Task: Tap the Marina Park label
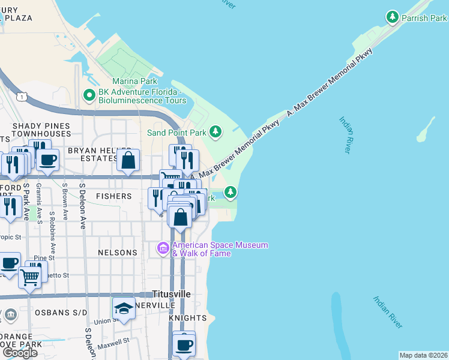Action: click(134, 81)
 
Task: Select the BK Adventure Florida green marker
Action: click(89, 95)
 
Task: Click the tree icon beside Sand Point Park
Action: click(215, 131)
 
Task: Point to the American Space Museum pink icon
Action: click(163, 248)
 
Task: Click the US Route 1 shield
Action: click(22, 97)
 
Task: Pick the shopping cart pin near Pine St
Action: click(29, 277)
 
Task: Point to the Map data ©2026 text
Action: click(423, 355)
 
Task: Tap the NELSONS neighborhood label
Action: click(118, 253)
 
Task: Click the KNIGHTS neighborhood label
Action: click(191, 317)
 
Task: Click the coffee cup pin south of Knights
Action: click(184, 345)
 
